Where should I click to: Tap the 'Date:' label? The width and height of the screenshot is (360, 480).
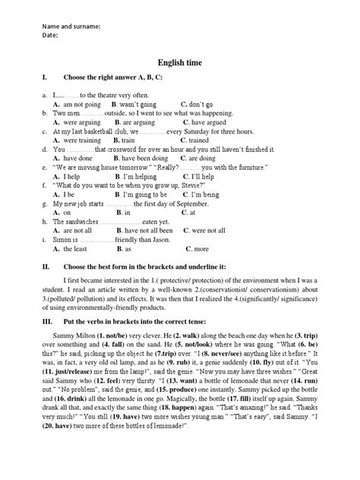click(x=51, y=35)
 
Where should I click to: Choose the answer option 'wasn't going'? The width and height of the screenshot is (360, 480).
click(x=137, y=103)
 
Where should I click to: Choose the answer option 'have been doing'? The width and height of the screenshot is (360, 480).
click(x=142, y=158)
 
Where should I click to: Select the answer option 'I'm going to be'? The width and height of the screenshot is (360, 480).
click(x=144, y=194)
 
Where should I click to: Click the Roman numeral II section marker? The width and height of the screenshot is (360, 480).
click(x=47, y=267)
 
